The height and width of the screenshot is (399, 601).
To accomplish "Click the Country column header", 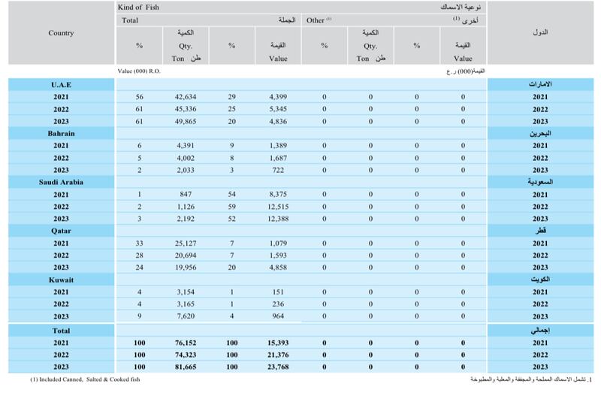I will point(61,33).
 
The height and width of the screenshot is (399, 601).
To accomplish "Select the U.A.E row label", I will point(61,85).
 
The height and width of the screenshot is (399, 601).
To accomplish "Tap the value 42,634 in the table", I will point(185,97).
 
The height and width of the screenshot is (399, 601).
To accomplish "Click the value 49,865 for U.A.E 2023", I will point(185,121).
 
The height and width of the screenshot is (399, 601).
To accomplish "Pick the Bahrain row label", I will point(61,133).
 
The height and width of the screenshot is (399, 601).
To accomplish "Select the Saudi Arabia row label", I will point(61,182).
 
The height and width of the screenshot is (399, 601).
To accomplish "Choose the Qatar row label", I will point(61,231).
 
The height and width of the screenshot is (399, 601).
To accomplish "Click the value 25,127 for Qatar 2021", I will point(185,243).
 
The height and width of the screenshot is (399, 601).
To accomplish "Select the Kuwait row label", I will point(61,279).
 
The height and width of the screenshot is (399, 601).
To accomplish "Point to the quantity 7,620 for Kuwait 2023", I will point(186,316).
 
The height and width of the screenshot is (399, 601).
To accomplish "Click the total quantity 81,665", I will point(185,366).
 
